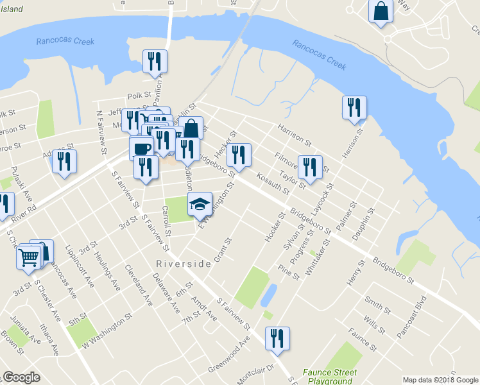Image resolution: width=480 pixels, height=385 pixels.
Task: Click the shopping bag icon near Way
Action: point(381,11)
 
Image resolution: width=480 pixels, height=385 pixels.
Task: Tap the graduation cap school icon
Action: point(200,204)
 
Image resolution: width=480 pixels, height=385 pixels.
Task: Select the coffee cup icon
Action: point(141,148)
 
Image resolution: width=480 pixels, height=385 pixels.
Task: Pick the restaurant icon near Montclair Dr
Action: point(277,338)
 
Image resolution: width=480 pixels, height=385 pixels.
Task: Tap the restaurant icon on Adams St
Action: point(64,160)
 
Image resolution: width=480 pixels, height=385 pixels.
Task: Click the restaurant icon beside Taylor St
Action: point(311,167)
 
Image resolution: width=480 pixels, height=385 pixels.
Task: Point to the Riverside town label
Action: point(184,264)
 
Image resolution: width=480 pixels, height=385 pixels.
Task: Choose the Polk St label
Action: point(138,95)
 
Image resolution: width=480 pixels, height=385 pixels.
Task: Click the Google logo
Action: point(22,377)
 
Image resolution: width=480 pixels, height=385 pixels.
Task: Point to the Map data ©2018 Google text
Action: point(440,379)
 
